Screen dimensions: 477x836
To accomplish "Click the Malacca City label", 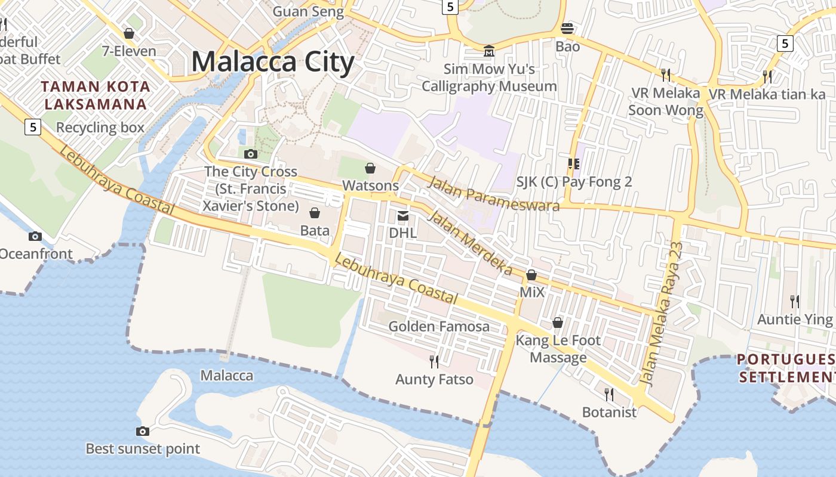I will pyautogui.click(x=273, y=62).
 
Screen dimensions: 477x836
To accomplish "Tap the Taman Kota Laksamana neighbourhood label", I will pyautogui.click(x=96, y=95).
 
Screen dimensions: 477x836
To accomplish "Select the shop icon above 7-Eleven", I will pyautogui.click(x=128, y=33).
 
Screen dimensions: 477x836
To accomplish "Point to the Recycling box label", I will pyautogui.click(x=100, y=128).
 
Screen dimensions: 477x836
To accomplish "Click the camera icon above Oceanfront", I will pyautogui.click(x=35, y=236).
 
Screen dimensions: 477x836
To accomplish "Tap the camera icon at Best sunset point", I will pyautogui.click(x=143, y=431).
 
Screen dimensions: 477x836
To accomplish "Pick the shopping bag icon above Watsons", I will pyautogui.click(x=370, y=168).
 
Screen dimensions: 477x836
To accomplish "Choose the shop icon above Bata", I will pyautogui.click(x=315, y=213).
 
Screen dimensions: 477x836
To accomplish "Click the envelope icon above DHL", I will pyautogui.click(x=403, y=215).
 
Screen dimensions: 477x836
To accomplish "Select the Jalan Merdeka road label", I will pyautogui.click(x=471, y=243).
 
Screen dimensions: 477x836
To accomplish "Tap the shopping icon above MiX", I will pyautogui.click(x=531, y=275).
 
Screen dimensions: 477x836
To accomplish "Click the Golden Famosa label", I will pyautogui.click(x=439, y=326).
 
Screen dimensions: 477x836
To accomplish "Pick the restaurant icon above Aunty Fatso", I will pyautogui.click(x=434, y=361).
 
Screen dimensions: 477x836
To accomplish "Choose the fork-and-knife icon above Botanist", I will pyautogui.click(x=608, y=394).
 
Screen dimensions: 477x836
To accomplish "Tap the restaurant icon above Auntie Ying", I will pyautogui.click(x=794, y=301).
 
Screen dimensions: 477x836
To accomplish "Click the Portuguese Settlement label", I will pyautogui.click(x=786, y=368).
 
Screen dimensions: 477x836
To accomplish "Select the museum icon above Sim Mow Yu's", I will pyautogui.click(x=489, y=51).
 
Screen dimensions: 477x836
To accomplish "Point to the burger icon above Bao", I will pyautogui.click(x=567, y=28).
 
